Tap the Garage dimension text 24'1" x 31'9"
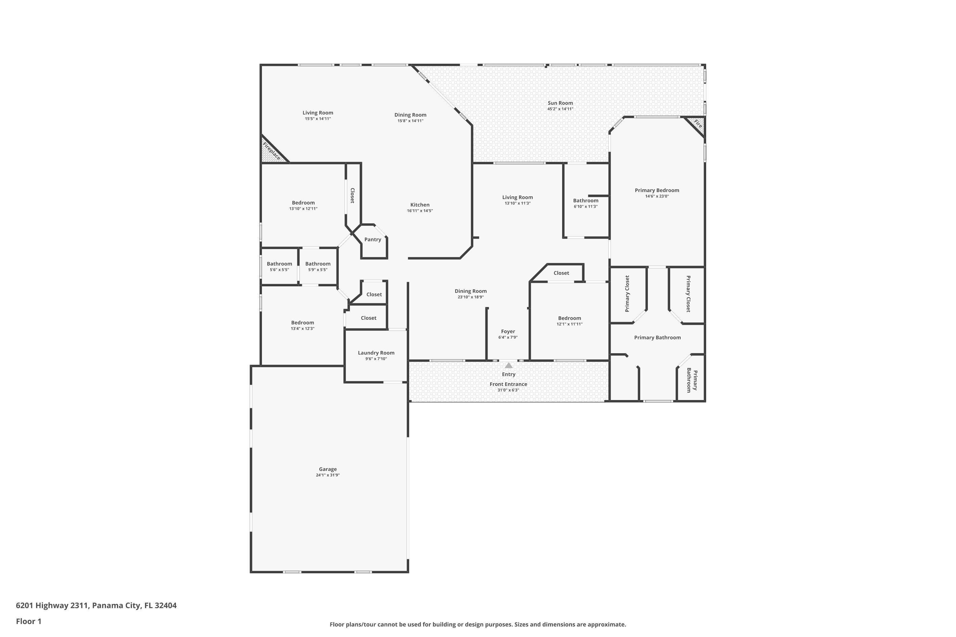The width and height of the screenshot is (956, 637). (328, 475)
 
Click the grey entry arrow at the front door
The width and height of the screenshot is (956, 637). (509, 365)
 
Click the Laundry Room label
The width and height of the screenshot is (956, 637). (376, 353)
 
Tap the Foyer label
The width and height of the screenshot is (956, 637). (508, 332)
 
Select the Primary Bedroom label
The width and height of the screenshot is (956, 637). (656, 190)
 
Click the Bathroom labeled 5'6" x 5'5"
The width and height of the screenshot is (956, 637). (279, 264)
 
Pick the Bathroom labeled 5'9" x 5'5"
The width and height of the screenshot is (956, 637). (317, 264)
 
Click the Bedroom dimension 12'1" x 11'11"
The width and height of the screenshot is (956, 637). (569, 324)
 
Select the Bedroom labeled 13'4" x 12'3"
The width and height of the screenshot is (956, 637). (302, 323)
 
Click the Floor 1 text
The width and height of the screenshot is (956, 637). (28, 621)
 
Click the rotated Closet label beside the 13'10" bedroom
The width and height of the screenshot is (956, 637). (352, 196)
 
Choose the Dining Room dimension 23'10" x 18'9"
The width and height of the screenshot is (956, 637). (470, 297)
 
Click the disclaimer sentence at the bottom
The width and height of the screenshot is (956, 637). (478, 624)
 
